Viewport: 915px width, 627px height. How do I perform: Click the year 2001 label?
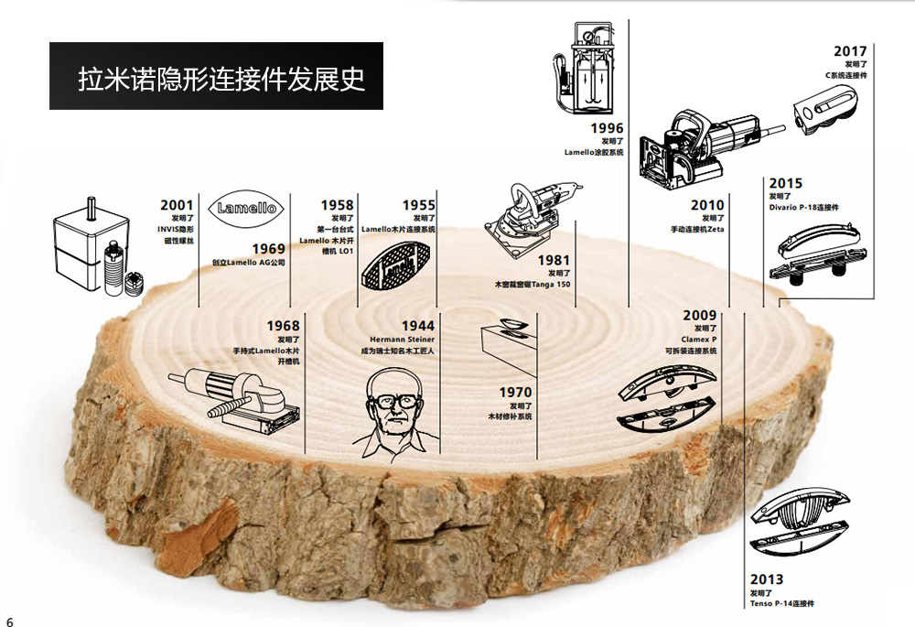pyautogui.click(x=178, y=205)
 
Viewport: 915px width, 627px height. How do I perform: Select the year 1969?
pyautogui.click(x=268, y=249)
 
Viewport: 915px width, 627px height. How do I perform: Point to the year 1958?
pyautogui.click(x=337, y=205)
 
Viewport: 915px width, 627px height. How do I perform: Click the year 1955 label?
pyautogui.click(x=419, y=205)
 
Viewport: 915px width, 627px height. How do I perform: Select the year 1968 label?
pyautogui.click(x=283, y=326)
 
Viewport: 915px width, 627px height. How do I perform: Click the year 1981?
pyautogui.click(x=554, y=261)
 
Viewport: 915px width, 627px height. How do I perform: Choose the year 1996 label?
pyautogui.click(x=607, y=128)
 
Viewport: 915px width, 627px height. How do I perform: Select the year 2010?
pyautogui.click(x=707, y=205)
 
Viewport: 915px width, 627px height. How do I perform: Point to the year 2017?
pyautogui.click(x=850, y=51)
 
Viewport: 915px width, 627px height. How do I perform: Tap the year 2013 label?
pyautogui.click(x=767, y=579)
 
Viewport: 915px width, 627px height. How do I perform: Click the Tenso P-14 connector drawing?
pyautogui.click(x=798, y=522)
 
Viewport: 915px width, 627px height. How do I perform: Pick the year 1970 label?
pyautogui.click(x=515, y=393)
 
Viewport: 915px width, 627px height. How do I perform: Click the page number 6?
pyautogui.click(x=10, y=620)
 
